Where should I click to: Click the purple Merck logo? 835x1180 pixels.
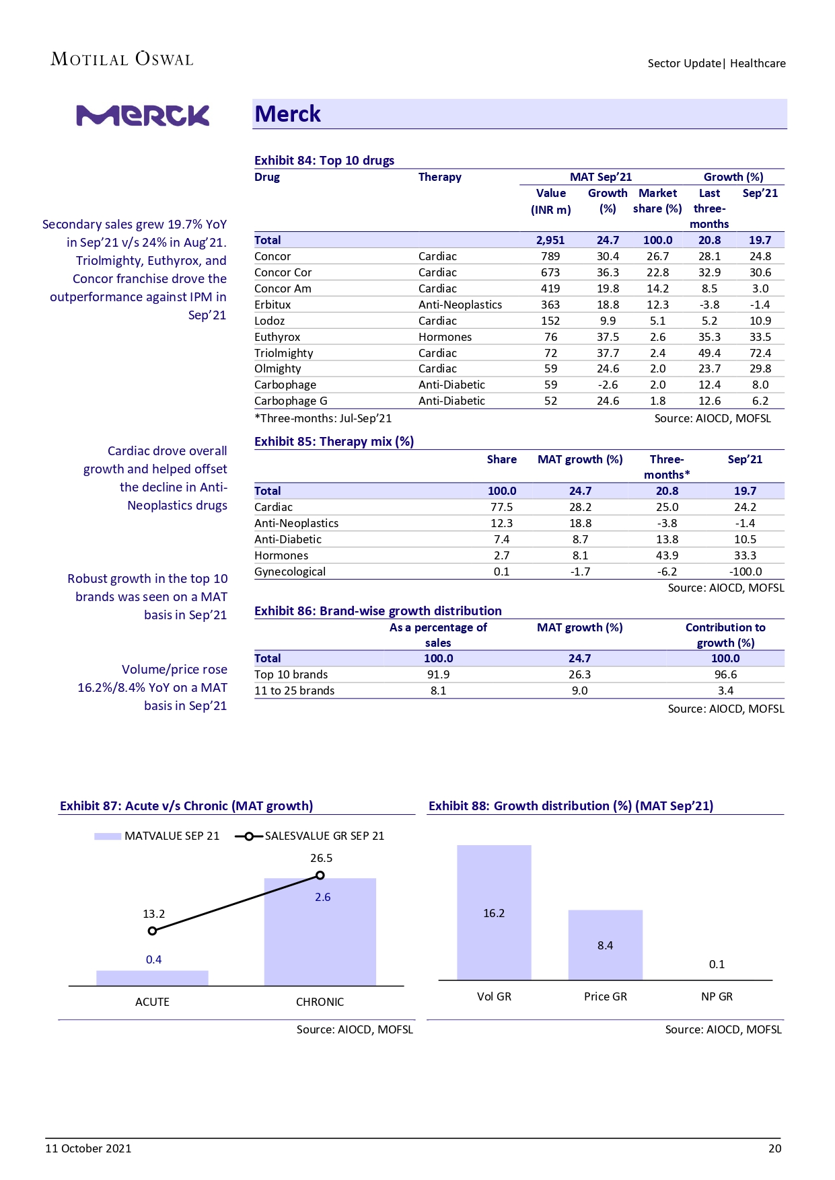tap(143, 116)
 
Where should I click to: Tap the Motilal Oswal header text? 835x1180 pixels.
tap(122, 59)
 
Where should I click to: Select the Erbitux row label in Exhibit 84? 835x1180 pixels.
tap(273, 305)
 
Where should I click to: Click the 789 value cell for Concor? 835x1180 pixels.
tap(550, 256)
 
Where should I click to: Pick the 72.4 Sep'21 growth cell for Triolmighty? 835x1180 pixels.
tap(760, 353)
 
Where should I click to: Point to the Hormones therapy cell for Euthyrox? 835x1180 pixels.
tap(445, 337)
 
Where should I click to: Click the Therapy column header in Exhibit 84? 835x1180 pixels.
tap(439, 177)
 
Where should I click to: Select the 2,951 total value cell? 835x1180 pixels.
tap(550, 240)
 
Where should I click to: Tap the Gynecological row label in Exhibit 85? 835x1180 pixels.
tap(290, 572)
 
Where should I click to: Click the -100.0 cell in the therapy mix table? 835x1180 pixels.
tap(746, 572)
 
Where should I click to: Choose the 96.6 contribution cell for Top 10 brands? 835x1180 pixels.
tap(725, 674)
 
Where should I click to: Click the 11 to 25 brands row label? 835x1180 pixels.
tap(294, 691)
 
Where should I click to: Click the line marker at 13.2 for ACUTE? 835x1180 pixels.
tap(153, 931)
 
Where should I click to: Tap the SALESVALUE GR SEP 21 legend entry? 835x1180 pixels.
tap(310, 836)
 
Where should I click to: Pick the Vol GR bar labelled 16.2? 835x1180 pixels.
tap(494, 912)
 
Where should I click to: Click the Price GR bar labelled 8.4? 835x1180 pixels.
tap(605, 945)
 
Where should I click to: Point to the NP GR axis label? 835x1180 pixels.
tap(717, 996)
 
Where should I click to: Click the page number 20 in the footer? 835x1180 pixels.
tap(774, 1148)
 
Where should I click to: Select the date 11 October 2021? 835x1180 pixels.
tap(88, 1148)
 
